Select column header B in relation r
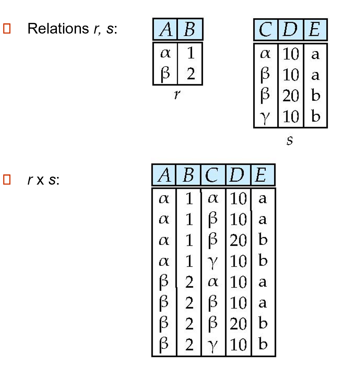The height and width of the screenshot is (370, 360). (x=190, y=30)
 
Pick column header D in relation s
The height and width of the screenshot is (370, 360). (x=291, y=30)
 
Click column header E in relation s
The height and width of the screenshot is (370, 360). (x=315, y=30)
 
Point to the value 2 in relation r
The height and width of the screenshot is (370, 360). (x=190, y=73)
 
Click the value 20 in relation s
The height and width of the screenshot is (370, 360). (x=291, y=96)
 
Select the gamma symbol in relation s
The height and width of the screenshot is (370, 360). (x=266, y=117)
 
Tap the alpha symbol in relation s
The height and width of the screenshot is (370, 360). (x=266, y=54)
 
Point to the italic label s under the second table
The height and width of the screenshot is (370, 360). (x=290, y=140)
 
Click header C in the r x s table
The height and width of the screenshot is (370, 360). (x=213, y=176)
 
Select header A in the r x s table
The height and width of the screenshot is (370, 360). (x=164, y=176)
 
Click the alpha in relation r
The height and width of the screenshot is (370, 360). (x=165, y=53)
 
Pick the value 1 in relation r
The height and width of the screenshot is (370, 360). (x=190, y=53)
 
